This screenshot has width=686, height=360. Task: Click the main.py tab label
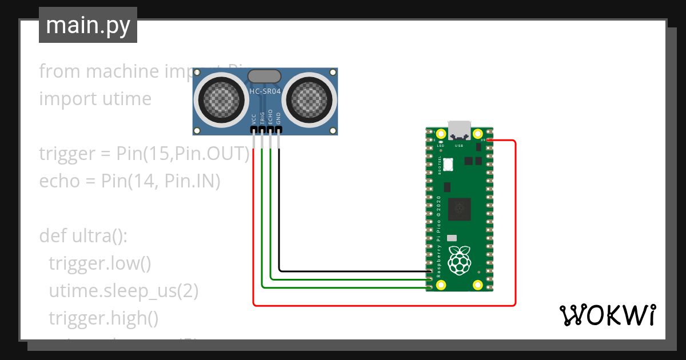click(x=87, y=25)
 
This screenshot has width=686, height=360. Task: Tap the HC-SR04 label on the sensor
click(x=265, y=91)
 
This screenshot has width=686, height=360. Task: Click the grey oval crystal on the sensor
click(x=264, y=76)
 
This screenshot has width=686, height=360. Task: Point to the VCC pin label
click(x=254, y=119)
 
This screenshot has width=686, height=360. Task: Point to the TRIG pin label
click(x=262, y=118)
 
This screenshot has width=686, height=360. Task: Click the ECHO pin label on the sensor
click(x=270, y=118)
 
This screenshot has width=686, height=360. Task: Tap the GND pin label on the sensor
click(x=278, y=119)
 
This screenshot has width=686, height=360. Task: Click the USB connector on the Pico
click(x=460, y=130)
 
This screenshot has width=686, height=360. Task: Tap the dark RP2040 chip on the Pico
click(x=460, y=209)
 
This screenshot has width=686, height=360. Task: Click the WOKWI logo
click(x=607, y=315)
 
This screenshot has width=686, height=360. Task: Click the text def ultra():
click(x=83, y=235)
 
